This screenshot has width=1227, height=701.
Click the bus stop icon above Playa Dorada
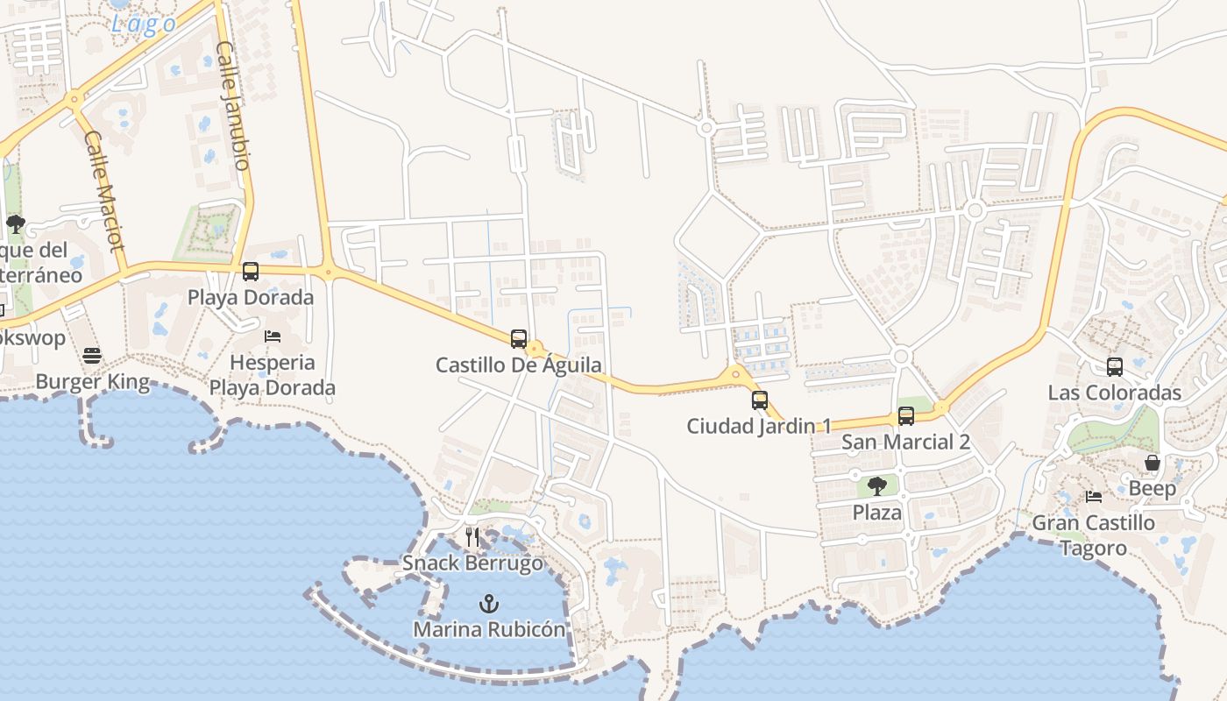(251, 272)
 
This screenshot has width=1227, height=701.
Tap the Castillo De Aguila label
(519, 365)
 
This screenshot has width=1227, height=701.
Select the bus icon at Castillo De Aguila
(519, 338)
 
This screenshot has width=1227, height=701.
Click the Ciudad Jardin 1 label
(759, 426)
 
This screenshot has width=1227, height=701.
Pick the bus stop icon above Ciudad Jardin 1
(760, 400)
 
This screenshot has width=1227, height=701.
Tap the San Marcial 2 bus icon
(906, 416)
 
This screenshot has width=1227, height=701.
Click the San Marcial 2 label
(905, 442)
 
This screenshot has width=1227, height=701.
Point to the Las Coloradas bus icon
(1115, 367)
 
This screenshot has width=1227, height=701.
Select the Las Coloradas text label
(1115, 393)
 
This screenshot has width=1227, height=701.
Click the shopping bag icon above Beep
(1153, 463)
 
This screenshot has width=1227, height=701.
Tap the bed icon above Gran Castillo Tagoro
(1094, 497)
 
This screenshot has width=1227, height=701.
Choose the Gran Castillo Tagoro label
(1094, 535)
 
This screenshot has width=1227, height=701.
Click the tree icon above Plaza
(876, 486)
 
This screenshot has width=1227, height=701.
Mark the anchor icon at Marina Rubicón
(489, 604)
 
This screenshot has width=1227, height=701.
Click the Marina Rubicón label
(489, 629)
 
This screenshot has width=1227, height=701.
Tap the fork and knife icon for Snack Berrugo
(473, 536)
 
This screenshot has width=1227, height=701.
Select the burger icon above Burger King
(92, 356)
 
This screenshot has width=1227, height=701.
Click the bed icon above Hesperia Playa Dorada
(273, 336)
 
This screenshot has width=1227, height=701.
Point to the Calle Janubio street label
(234, 105)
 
